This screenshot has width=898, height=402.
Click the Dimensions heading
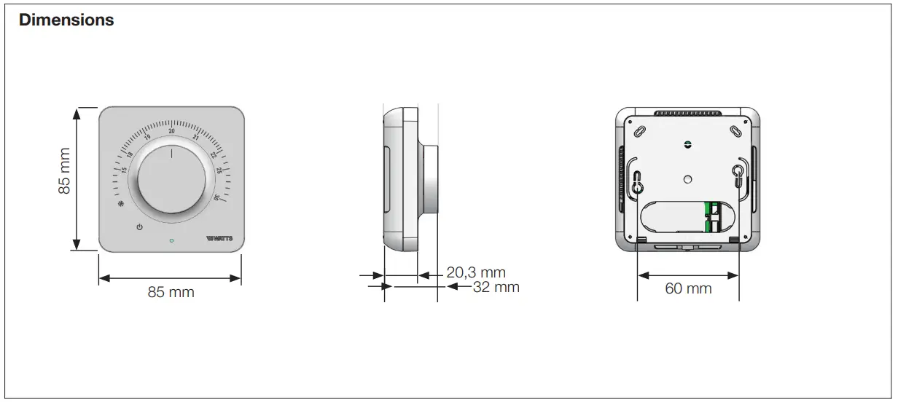(66, 20)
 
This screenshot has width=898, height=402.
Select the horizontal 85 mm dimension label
(171, 292)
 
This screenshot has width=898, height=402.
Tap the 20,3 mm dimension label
(476, 273)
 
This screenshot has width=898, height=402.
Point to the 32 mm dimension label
(496, 287)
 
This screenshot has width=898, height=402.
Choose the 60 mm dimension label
(688, 288)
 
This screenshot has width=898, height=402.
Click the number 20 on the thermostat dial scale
(172, 131)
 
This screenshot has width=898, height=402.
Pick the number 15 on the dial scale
(123, 170)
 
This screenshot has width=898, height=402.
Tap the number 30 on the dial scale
(216, 197)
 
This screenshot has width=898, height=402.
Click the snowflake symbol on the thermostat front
(121, 204)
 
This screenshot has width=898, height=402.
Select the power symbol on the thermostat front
(139, 227)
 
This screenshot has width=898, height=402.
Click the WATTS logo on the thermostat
(220, 238)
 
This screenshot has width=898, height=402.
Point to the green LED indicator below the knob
(171, 240)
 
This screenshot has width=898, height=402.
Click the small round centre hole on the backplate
(687, 178)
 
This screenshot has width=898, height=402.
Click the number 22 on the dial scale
(213, 155)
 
